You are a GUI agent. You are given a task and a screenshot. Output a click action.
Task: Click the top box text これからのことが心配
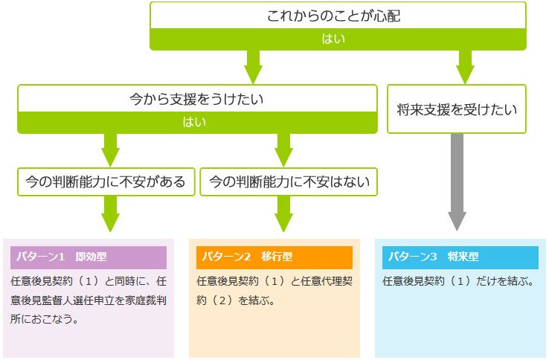333,16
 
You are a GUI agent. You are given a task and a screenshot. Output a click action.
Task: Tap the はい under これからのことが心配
333,39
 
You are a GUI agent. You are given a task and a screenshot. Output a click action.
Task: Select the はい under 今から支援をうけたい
194,122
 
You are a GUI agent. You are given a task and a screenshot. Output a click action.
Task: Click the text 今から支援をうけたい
196,99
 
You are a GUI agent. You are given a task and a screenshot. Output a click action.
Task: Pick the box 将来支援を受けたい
457,109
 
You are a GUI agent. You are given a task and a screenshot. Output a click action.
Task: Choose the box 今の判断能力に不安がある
106,181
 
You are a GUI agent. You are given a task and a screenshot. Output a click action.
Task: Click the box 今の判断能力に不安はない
289,181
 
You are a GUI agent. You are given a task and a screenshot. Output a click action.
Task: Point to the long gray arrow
457,182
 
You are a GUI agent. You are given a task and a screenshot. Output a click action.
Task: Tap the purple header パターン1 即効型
89,257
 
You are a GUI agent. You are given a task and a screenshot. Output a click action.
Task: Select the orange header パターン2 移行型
274,257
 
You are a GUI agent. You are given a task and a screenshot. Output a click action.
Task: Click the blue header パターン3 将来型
460,257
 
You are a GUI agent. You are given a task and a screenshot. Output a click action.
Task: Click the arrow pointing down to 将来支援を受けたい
465,67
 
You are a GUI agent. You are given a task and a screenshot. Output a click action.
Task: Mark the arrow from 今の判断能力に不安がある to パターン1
110,213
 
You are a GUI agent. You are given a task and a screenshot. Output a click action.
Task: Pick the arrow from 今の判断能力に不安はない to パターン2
283,213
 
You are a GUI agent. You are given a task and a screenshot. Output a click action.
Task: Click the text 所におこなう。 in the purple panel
45,319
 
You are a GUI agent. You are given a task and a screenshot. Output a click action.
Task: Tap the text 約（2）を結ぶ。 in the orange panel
236,300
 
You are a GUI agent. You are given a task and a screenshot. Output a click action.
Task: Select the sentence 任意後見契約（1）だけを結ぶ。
458,281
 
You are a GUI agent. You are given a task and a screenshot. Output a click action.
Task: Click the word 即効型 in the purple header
91,257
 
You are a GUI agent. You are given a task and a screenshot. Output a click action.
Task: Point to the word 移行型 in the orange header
277,257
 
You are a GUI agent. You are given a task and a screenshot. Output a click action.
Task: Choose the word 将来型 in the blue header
463,257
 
